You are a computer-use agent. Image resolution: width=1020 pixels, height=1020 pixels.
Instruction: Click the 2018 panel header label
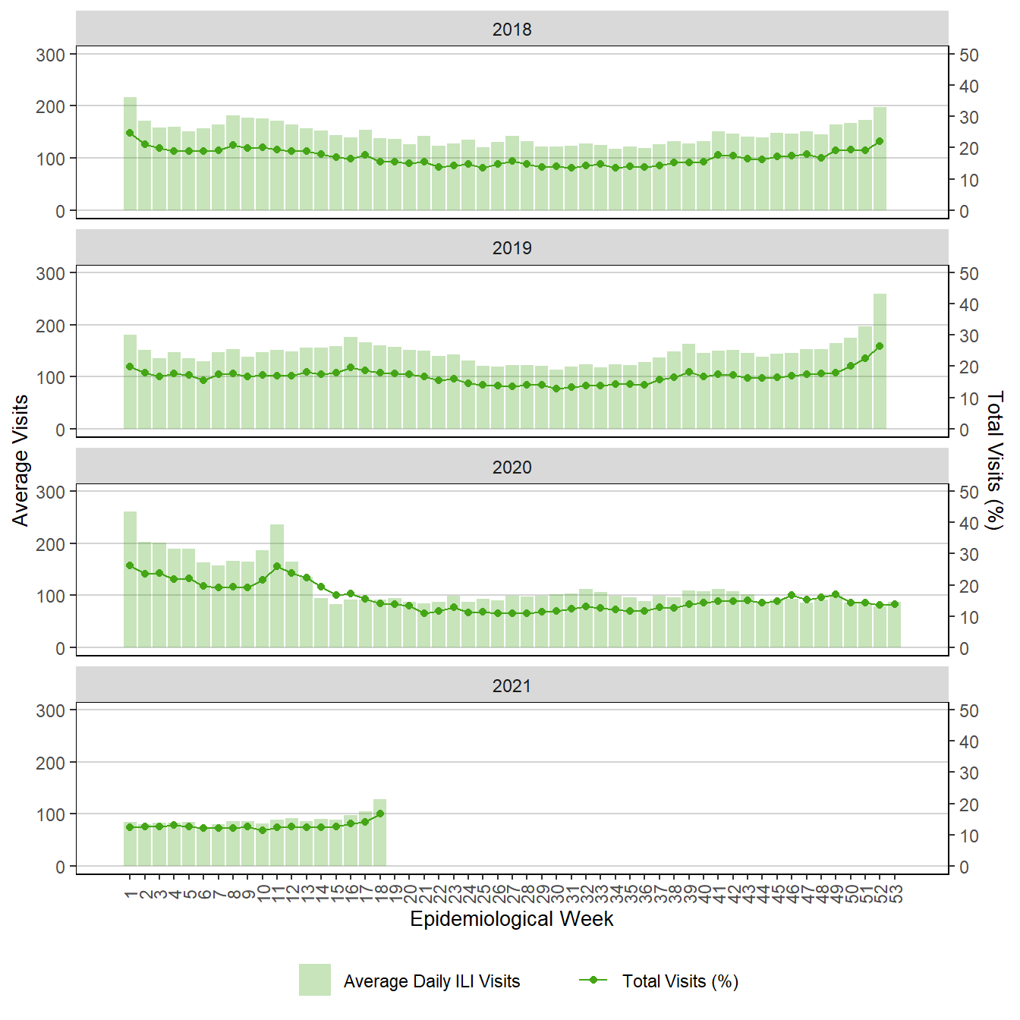[512, 30]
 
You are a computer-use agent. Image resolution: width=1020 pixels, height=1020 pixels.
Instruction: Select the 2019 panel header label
[512, 248]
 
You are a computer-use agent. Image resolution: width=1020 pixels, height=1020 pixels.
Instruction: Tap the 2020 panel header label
[512, 467]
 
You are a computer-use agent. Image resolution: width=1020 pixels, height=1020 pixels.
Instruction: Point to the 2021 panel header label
[512, 686]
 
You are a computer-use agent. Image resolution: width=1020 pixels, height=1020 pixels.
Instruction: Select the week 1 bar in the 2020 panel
[130, 580]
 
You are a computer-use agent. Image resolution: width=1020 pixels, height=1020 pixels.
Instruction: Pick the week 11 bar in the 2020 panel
[277, 586]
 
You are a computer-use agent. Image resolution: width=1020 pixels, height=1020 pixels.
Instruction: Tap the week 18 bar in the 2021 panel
[379, 833]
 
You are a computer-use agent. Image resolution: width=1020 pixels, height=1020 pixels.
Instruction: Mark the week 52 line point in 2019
[880, 346]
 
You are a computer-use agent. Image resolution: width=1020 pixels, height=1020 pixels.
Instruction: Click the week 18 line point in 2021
[379, 814]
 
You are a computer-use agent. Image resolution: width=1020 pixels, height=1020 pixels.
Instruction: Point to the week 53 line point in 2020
[895, 605]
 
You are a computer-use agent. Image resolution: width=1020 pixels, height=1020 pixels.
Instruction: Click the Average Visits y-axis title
[20, 460]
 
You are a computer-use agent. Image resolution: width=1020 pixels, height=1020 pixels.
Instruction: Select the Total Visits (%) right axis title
[994, 460]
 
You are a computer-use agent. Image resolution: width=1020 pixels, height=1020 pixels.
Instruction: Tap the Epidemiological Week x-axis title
[512, 919]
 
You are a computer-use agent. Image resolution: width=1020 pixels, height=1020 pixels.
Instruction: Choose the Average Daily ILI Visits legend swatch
[314, 980]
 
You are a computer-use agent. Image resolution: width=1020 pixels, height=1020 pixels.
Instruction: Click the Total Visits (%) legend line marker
[593, 980]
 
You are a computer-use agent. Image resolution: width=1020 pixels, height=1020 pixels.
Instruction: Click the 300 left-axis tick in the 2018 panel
[51, 55]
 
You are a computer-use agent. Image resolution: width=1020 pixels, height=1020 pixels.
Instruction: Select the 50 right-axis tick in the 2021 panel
[968, 711]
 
